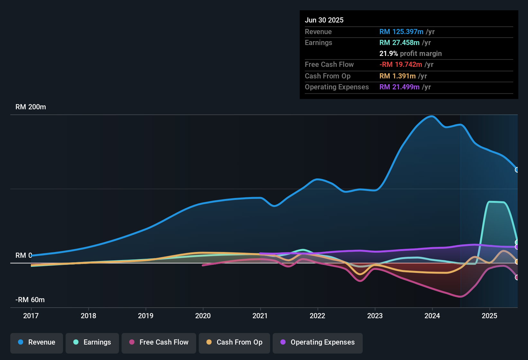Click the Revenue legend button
37,342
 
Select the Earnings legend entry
92,342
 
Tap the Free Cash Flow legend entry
159,342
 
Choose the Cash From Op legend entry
234,342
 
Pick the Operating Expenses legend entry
318,342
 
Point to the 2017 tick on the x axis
31,316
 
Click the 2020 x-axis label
203,316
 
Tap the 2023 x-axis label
375,316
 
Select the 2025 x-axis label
489,316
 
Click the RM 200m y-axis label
31,107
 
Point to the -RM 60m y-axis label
30,300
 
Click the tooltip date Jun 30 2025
324,20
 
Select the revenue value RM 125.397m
401,32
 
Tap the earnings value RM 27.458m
399,43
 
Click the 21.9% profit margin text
410,54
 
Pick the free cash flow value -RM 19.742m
401,65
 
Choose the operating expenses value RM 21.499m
399,87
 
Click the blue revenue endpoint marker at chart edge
517,170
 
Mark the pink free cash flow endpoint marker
517,277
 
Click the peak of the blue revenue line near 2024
431,116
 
